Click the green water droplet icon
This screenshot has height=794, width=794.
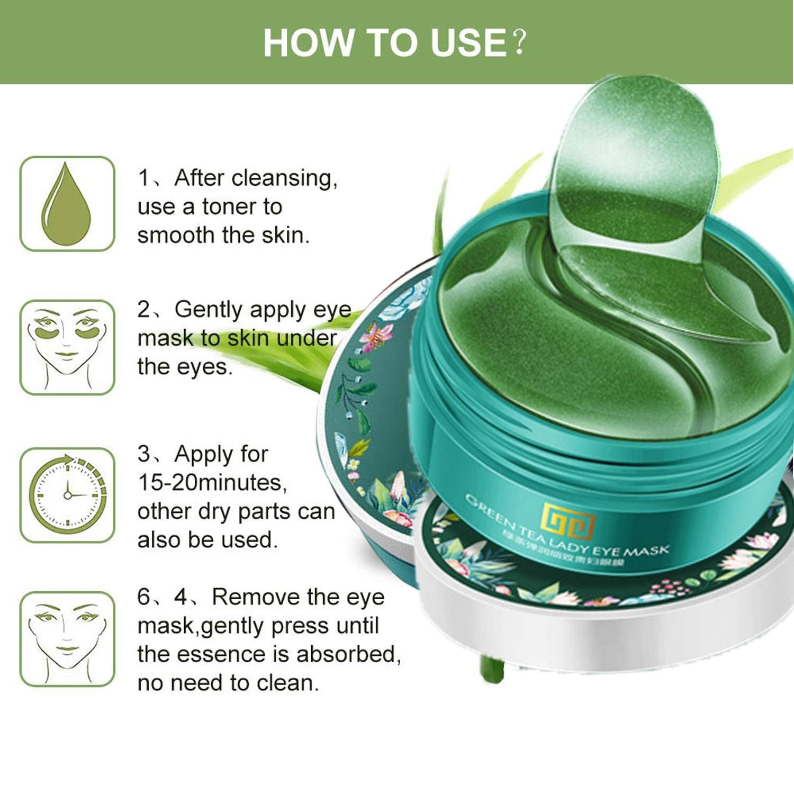67,204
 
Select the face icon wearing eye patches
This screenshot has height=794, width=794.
67,347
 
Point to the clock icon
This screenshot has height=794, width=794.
67,495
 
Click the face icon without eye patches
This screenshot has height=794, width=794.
67,639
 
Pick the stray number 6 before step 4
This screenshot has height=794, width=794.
144,597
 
